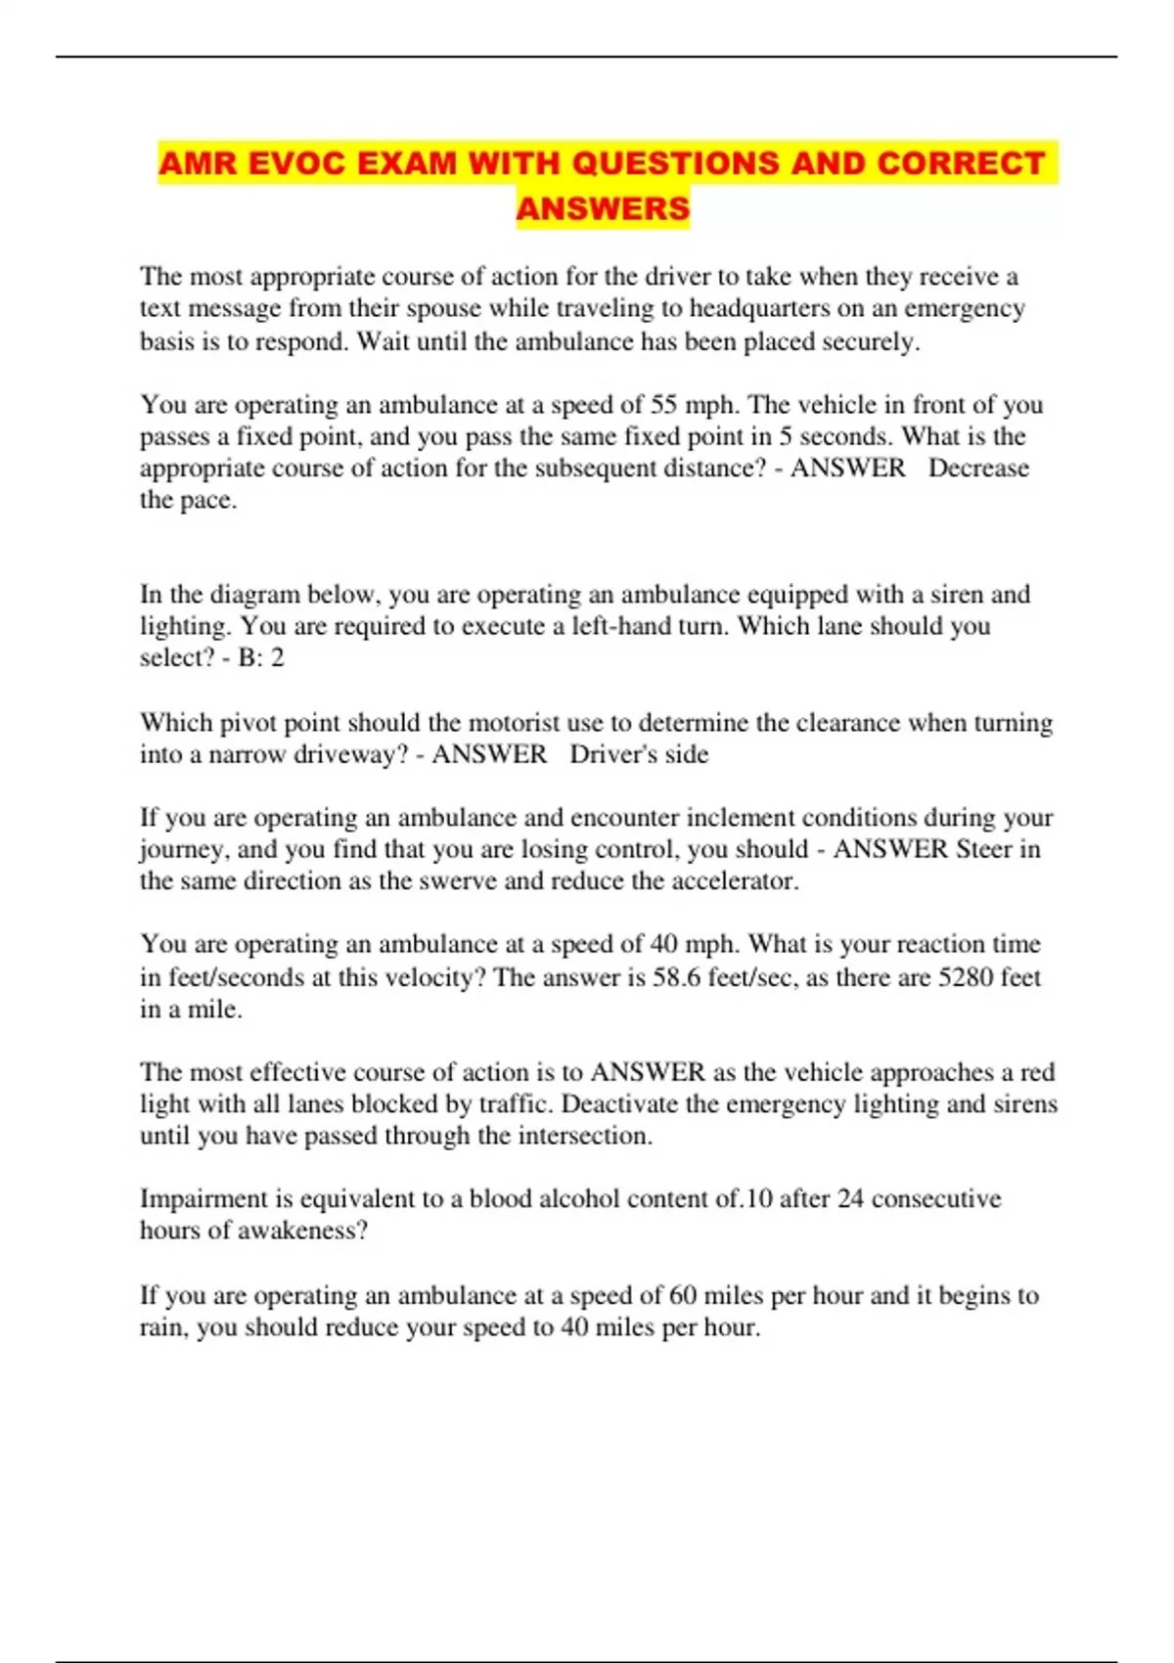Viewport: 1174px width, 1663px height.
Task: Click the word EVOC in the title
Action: coord(293,162)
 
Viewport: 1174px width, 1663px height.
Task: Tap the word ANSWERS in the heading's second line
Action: coord(603,208)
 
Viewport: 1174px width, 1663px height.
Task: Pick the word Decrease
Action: coord(978,469)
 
